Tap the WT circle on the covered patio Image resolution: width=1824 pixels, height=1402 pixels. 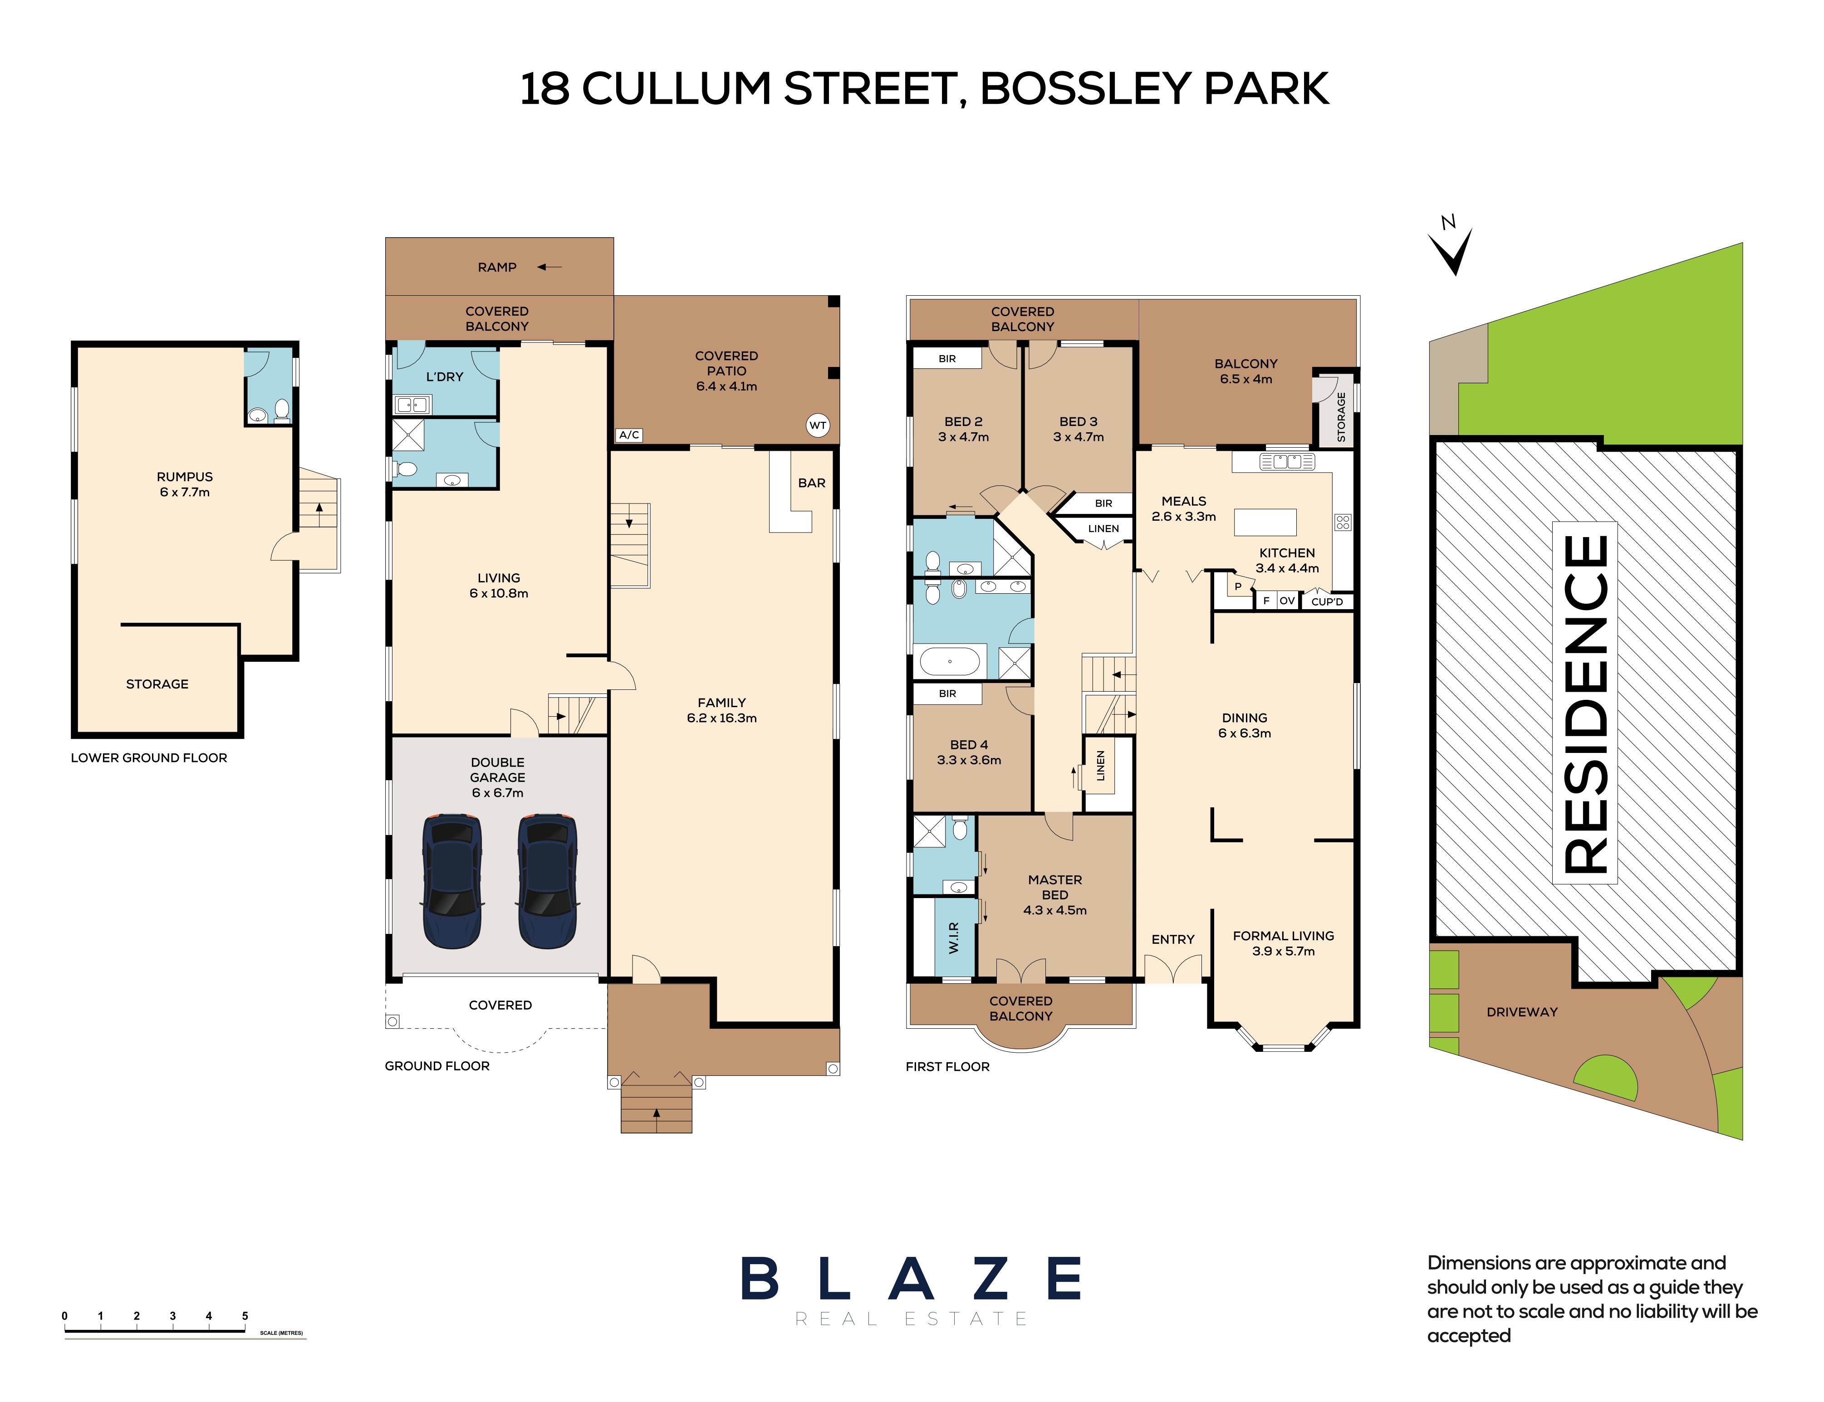(817, 425)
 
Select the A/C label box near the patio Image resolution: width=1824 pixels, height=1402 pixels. (629, 435)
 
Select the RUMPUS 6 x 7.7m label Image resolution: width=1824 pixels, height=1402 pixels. (185, 484)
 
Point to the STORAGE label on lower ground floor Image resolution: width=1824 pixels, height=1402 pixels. (157, 684)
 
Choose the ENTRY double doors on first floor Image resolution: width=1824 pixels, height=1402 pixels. (1173, 969)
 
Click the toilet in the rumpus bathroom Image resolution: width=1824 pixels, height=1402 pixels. (282, 410)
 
